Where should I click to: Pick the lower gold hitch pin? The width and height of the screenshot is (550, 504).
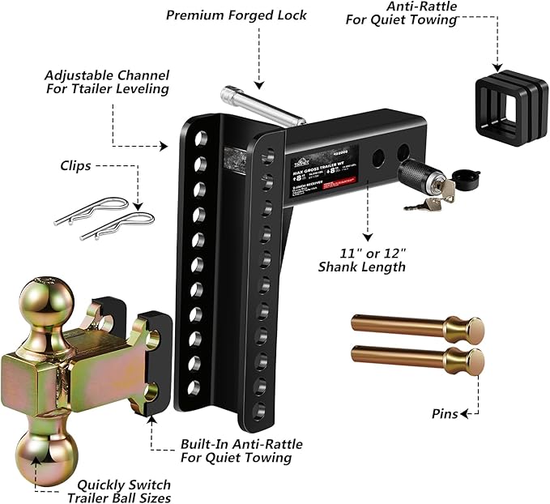pos(416,357)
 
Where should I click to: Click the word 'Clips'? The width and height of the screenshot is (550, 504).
pos(76,165)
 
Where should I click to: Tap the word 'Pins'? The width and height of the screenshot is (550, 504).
pos(443,414)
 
